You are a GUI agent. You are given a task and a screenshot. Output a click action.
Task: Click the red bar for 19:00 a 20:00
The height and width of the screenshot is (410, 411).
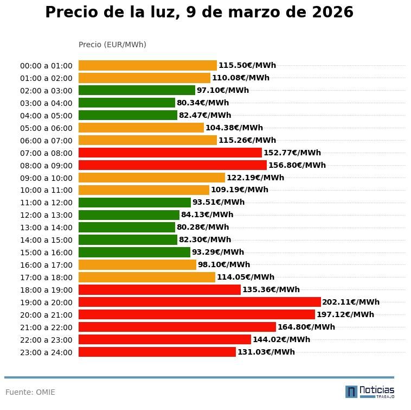pos(200,302)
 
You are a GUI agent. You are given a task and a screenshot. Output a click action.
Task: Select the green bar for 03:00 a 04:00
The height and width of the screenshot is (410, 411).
pos(127,103)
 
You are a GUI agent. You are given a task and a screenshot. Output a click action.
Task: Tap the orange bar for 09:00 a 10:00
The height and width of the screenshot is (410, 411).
pos(152,178)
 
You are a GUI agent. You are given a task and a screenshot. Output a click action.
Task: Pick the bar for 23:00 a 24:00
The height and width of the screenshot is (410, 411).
pos(157,352)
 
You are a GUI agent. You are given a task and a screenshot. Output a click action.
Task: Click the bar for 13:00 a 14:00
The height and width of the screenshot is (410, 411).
pos(127,227)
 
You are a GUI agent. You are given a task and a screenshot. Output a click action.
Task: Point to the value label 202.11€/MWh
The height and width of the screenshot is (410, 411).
pos(351,302)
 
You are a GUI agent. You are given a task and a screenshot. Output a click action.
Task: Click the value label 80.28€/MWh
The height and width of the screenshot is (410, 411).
pos(203,227)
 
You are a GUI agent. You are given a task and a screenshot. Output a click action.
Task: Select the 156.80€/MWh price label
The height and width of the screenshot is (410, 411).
pos(297,165)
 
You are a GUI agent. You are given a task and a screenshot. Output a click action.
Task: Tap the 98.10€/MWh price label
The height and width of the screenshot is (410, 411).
pos(224,264)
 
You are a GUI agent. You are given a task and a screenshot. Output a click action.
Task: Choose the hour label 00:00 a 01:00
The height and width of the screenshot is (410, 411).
pos(46,66)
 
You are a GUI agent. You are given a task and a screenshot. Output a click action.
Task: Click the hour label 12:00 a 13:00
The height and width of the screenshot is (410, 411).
pos(46,215)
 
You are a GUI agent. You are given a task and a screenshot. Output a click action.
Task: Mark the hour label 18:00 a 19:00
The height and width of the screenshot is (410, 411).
pos(46,290)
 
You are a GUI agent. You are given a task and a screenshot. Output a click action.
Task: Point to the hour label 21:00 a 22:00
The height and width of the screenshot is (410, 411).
pos(46,327)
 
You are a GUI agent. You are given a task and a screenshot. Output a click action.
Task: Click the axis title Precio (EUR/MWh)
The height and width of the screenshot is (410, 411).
pos(112,45)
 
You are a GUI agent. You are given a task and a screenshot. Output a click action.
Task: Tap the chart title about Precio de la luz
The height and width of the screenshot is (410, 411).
pos(199,12)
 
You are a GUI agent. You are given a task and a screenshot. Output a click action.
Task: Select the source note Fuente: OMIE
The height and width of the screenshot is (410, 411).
pos(30,392)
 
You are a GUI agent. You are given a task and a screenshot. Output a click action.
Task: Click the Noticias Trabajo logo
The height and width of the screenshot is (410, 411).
pos(370,391)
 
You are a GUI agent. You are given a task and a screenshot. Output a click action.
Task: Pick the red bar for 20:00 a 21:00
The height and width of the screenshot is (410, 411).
pos(197,314)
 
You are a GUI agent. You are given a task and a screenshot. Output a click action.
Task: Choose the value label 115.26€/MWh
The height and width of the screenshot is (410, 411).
pos(247,140)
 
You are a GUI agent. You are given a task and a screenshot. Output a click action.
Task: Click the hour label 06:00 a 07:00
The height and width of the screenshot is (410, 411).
pos(46,141)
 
